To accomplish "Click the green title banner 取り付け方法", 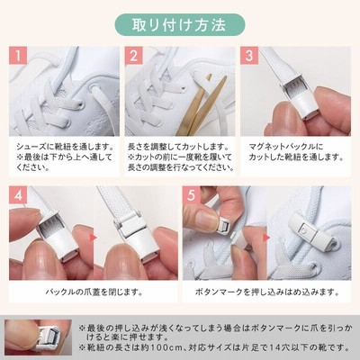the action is [x=180, y=25].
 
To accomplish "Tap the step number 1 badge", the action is [x=18, y=56].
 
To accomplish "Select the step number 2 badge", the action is [x=133, y=56].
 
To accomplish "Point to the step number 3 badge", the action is [x=249, y=56].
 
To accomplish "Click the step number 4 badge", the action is [x=18, y=195].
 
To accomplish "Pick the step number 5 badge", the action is [x=191, y=195].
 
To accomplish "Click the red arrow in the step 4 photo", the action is [x=93, y=238].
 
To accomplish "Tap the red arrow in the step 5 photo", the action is [x=266, y=238].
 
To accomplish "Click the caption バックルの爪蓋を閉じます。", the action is [x=94, y=292].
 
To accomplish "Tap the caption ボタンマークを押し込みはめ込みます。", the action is [x=267, y=292].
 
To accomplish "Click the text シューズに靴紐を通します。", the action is [x=65, y=147].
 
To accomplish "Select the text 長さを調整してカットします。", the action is [x=178, y=147].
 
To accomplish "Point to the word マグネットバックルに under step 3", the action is [x=286, y=147].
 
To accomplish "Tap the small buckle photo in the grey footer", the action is [x=39, y=337].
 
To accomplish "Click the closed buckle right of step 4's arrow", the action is [x=137, y=234].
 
